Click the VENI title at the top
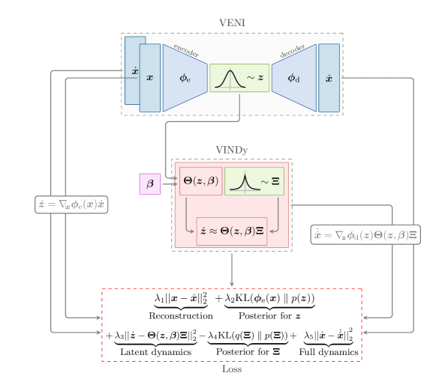[232, 23]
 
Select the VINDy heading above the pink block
[232, 150]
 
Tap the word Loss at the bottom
[232, 369]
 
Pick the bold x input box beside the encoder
[150, 78]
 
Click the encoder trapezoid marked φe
[185, 78]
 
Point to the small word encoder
[185, 50]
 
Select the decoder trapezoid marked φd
[293, 78]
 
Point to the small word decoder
[293, 50]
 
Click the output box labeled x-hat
[329, 78]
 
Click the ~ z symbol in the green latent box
[255, 78]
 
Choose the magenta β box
[149, 183]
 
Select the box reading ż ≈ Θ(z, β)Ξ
[232, 231]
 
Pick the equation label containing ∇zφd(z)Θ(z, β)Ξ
[365, 234]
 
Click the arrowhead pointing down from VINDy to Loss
[232, 284]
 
